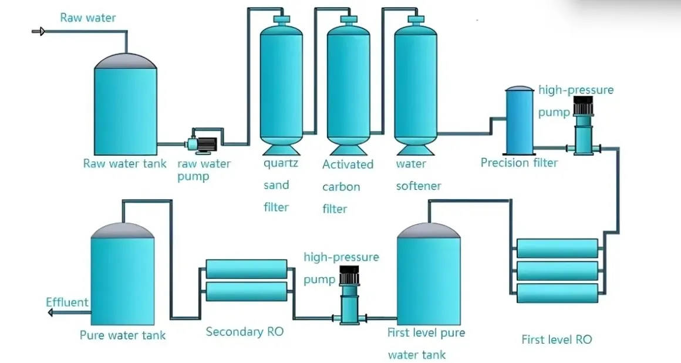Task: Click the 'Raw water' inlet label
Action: [x=87, y=18]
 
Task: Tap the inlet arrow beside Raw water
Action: [x=39, y=31]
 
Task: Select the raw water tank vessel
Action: [x=126, y=106]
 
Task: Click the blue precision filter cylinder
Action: [x=520, y=120]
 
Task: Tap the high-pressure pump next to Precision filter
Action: [x=583, y=126]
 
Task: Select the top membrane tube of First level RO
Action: [x=557, y=248]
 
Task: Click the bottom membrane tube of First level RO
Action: [x=557, y=293]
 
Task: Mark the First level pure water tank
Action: [x=428, y=276]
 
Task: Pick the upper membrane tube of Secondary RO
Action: [x=247, y=269]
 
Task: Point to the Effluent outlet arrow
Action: [x=51, y=312]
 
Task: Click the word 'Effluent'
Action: [x=67, y=302]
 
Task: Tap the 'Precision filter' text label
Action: [x=519, y=163]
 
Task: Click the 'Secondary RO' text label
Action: [x=244, y=332]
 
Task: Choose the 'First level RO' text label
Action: [x=557, y=340]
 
